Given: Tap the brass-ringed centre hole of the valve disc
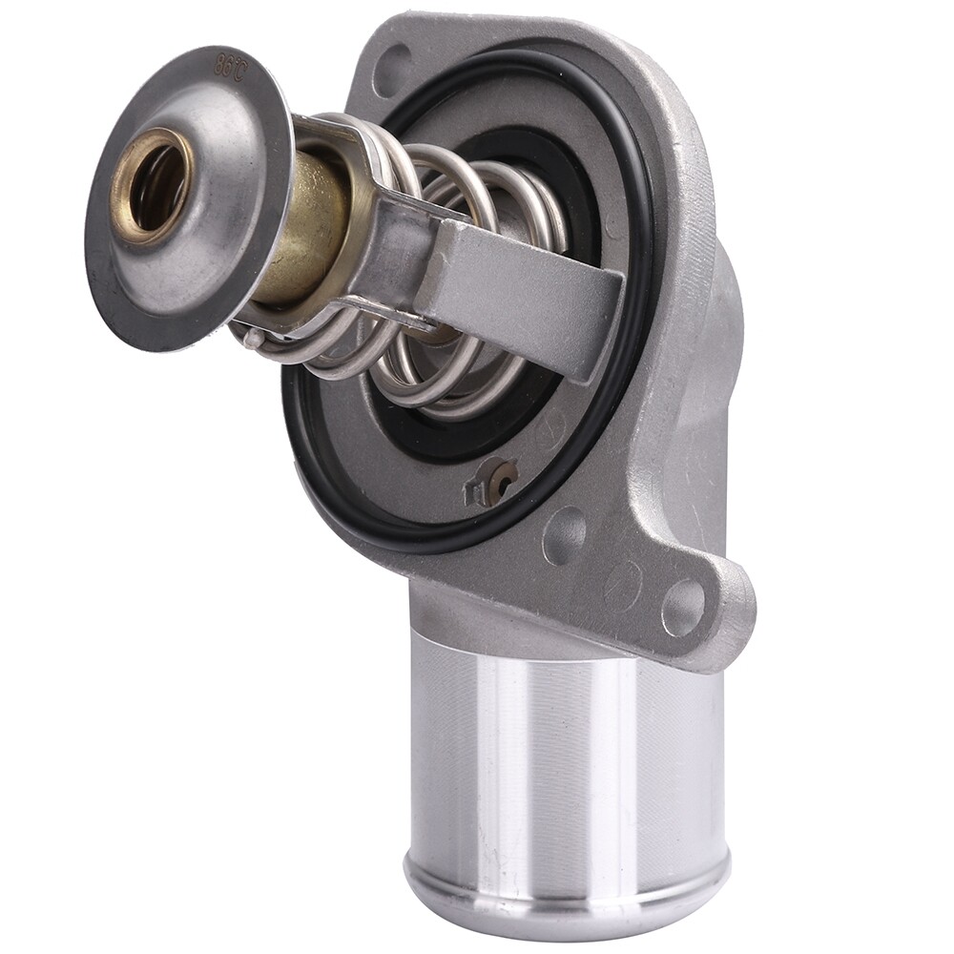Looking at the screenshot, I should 153,181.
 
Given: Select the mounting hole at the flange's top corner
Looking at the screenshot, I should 392,69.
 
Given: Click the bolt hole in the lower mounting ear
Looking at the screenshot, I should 683,608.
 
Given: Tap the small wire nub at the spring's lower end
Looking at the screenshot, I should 250,335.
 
